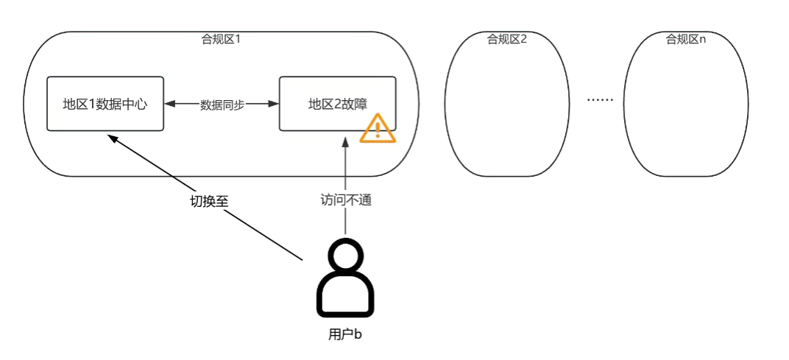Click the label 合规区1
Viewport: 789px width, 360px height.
pyautogui.click(x=222, y=39)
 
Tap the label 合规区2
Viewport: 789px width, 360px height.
pyautogui.click(x=507, y=39)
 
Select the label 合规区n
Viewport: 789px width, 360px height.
pyautogui.click(x=686, y=39)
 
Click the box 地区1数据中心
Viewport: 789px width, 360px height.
pyautogui.click(x=105, y=104)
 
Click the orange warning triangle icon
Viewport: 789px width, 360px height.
pyautogui.click(x=378, y=129)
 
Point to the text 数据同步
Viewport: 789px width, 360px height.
pyautogui.click(x=222, y=105)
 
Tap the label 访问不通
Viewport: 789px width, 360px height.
pyautogui.click(x=345, y=200)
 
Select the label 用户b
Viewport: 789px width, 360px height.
pyautogui.click(x=345, y=334)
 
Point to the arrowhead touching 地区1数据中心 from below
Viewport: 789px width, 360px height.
pyautogui.click(x=111, y=137)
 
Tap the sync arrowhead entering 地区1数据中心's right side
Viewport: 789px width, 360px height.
pyautogui.click(x=169, y=105)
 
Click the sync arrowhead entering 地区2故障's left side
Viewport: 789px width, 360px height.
pyautogui.click(x=274, y=105)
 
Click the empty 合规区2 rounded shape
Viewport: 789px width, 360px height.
pyautogui.click(x=506, y=110)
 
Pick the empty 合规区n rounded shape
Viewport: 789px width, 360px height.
pyautogui.click(x=685, y=110)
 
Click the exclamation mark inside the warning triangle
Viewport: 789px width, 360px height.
pyautogui.click(x=378, y=130)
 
